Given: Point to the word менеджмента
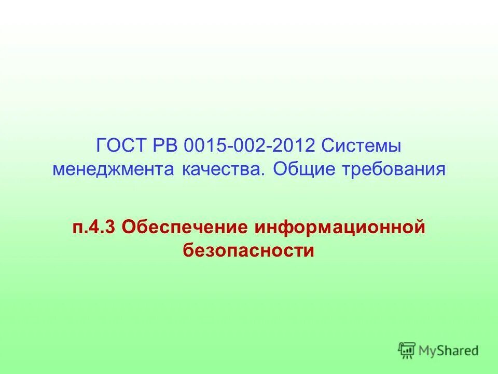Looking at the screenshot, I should (x=114, y=170).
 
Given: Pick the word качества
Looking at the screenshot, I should (x=222, y=170).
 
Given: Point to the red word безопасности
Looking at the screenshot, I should (x=248, y=250).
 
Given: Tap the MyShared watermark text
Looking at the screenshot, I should (x=448, y=351).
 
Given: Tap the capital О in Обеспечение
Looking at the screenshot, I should (x=129, y=227).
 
